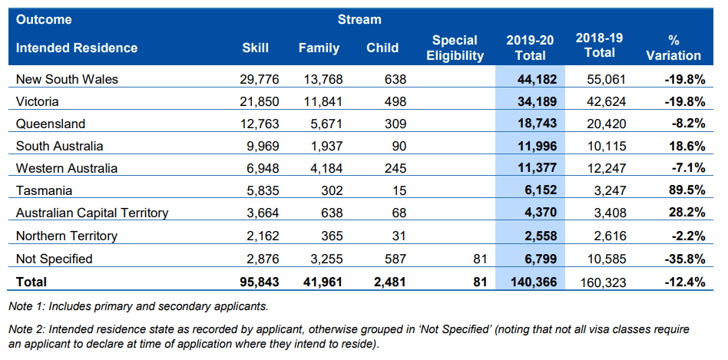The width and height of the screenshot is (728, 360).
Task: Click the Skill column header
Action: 255,48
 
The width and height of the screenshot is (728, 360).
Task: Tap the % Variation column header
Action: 673,48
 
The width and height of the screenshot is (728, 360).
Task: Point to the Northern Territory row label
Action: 68,236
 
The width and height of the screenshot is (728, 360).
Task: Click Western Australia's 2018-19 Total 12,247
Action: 603,169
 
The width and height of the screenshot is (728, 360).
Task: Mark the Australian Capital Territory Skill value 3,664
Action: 260,213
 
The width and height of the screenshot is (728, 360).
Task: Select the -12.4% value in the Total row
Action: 683,282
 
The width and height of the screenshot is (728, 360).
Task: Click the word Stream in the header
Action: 359,19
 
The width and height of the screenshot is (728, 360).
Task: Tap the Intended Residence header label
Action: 77,48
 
